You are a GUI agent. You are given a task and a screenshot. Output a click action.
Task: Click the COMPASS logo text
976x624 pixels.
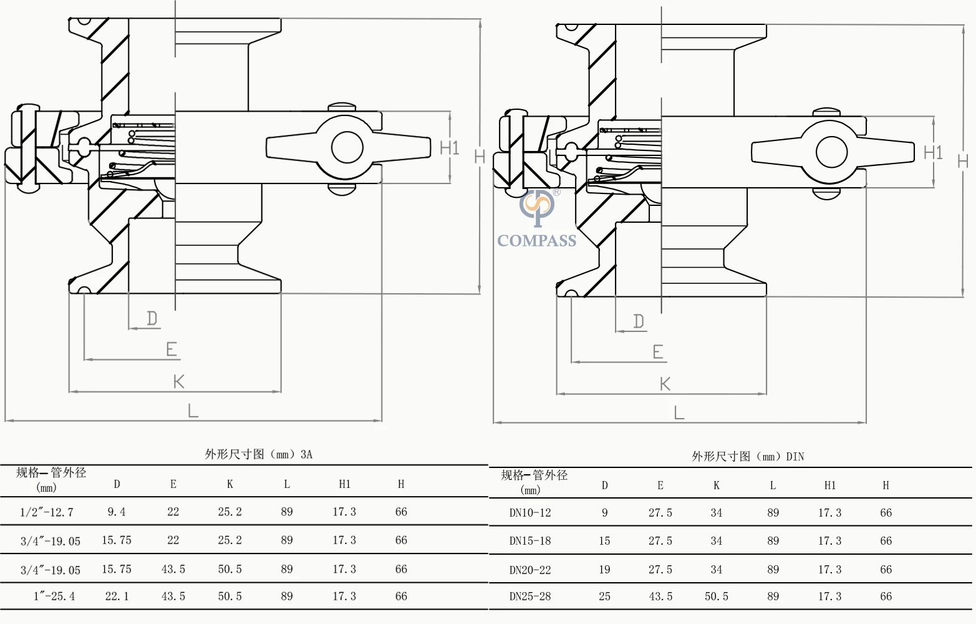536,241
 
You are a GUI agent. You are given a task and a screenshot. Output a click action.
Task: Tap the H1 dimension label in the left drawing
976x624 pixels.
449,148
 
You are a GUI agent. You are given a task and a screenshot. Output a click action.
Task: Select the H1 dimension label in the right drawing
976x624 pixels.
933,152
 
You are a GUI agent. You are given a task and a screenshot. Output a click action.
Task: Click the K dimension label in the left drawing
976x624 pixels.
179,381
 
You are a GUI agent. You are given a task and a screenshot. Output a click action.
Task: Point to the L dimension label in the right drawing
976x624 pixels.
679,412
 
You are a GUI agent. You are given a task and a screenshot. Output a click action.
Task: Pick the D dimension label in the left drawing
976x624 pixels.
152,319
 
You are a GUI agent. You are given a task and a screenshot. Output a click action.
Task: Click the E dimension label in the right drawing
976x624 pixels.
658,352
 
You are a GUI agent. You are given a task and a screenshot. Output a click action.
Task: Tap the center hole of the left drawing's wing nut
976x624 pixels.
347,148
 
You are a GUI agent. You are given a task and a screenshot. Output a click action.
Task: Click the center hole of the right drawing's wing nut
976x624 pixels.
831,152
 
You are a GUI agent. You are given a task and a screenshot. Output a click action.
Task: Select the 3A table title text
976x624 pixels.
259,454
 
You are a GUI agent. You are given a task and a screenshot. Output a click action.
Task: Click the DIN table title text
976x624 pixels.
748,457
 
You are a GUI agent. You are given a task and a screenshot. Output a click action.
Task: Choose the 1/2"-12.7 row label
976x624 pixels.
47,512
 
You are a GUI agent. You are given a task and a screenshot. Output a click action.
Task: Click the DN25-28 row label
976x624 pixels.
530,597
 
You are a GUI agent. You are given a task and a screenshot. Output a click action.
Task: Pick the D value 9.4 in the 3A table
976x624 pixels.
117,512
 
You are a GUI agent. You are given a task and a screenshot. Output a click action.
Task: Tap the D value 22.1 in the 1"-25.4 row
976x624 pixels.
117,597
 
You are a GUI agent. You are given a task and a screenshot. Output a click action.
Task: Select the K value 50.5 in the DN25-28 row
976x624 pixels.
717,597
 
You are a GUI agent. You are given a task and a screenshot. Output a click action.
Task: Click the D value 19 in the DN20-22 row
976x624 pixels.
604,570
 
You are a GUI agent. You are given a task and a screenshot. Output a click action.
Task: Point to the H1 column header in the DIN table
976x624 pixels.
829,485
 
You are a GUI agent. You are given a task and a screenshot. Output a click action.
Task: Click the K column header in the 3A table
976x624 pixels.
230,484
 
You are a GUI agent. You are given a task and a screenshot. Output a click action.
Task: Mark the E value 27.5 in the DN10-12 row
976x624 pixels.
660,513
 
